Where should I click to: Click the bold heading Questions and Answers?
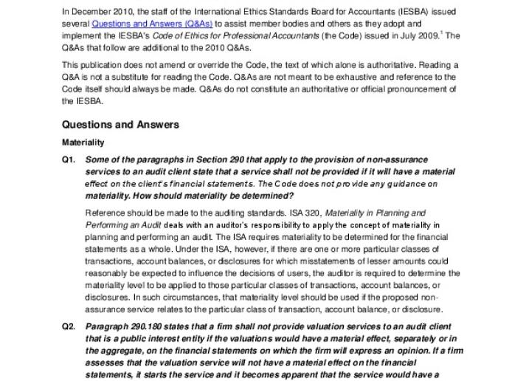(120, 125)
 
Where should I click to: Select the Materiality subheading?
(83, 142)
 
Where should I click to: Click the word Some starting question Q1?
(98, 159)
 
